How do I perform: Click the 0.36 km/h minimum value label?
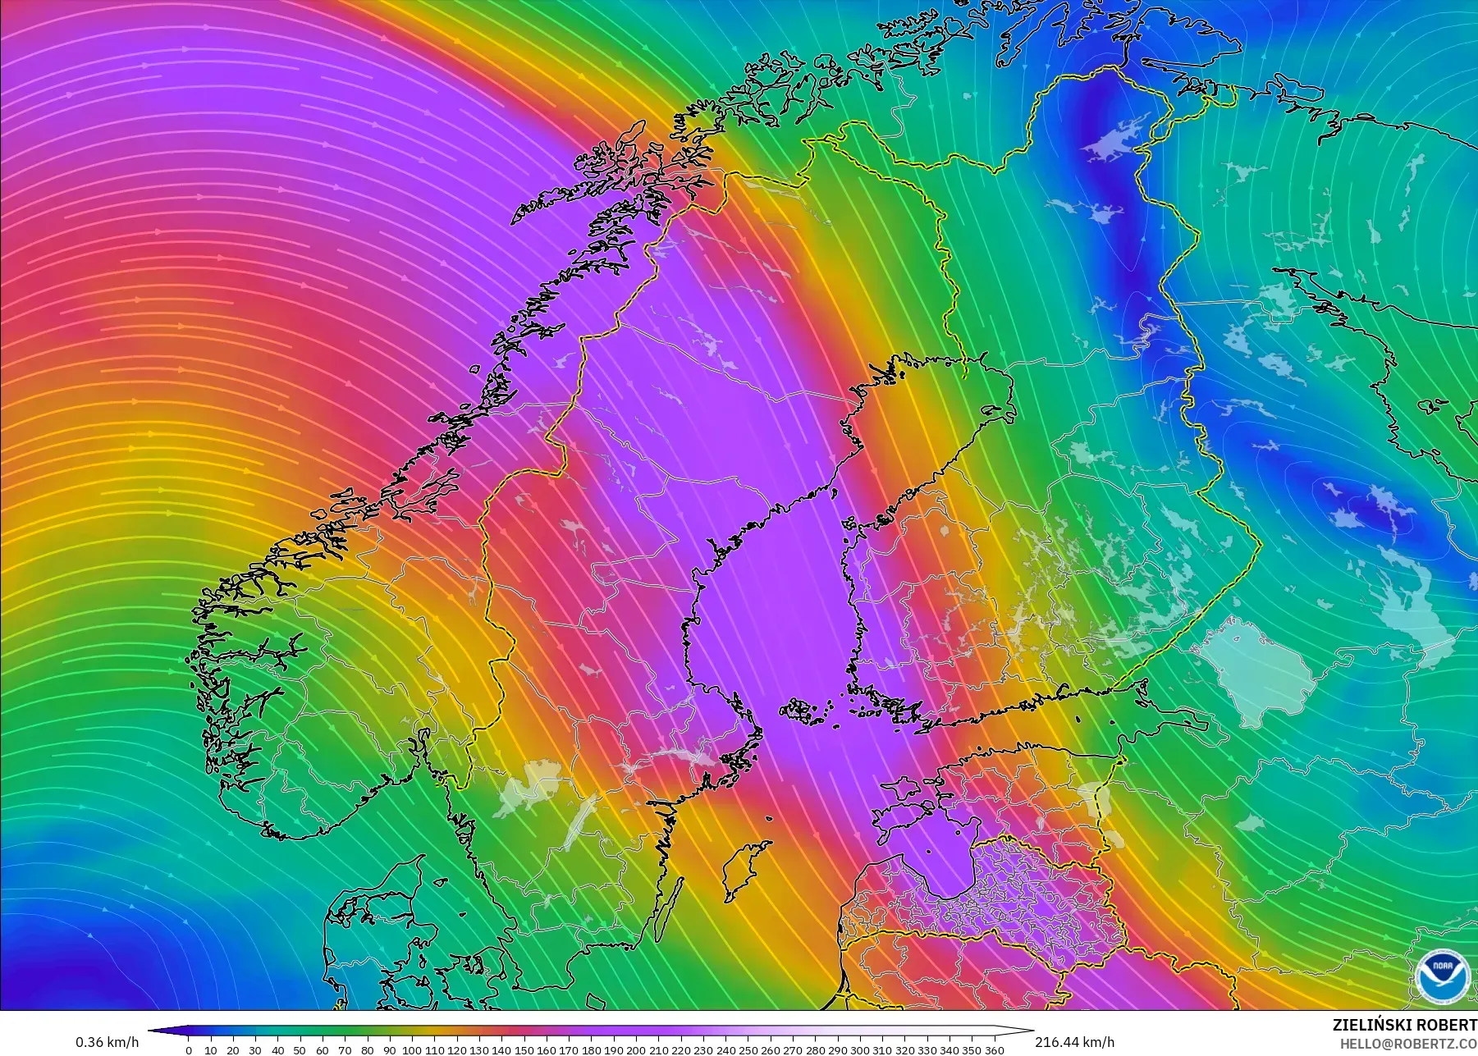tap(107, 1042)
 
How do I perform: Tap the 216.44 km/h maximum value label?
tap(1074, 1042)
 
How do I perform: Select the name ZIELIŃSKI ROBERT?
tap(1405, 1025)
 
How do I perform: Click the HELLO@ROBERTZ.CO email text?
tap(1408, 1044)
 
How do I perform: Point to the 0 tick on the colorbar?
tap(189, 1049)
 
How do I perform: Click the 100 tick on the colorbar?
tap(412, 1049)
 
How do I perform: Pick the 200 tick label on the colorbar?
tap(636, 1049)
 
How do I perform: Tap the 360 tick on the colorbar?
tap(994, 1049)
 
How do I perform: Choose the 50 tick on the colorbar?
tap(300, 1049)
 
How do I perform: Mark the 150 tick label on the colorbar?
tap(524, 1049)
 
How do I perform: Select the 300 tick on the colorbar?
tap(859, 1049)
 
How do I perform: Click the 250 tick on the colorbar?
tap(748, 1049)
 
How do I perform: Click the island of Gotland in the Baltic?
tap(743, 871)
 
